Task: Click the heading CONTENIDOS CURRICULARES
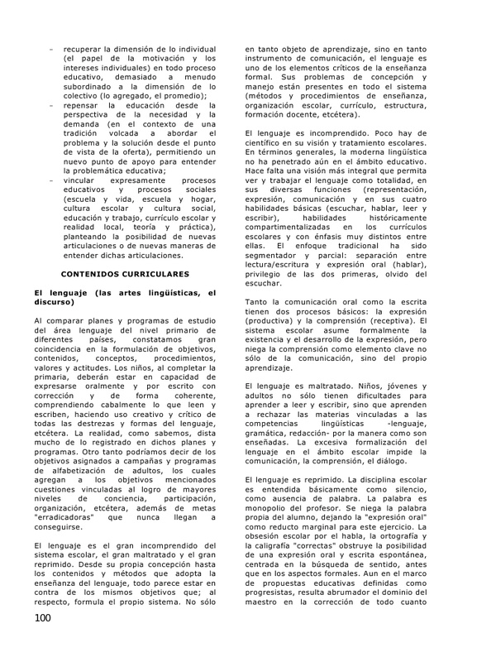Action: click(x=126, y=272)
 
